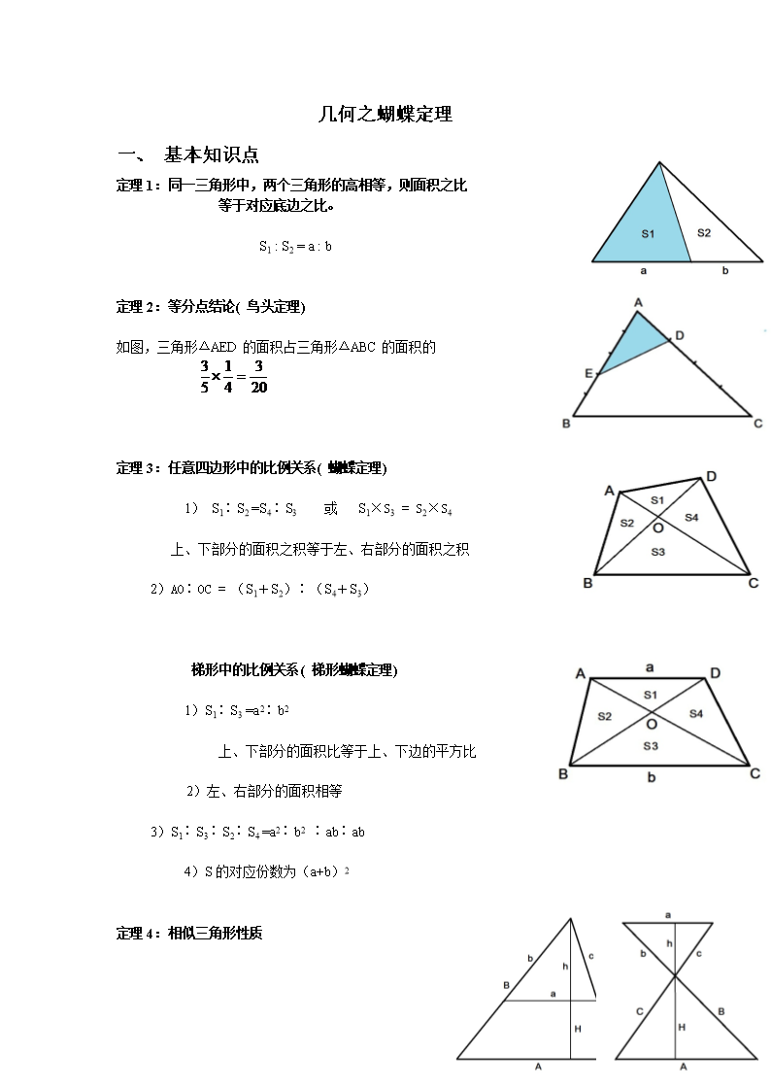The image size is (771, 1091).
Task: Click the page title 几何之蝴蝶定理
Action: (385, 115)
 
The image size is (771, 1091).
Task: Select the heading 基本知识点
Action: (211, 155)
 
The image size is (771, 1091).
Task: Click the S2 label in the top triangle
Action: (704, 232)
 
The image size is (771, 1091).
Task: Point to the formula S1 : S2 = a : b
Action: (296, 247)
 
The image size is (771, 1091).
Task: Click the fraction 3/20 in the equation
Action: (258, 377)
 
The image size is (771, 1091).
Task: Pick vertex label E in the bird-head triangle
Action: (588, 373)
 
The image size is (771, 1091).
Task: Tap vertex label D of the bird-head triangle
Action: (679, 336)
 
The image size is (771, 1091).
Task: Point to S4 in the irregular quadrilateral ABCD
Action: (691, 518)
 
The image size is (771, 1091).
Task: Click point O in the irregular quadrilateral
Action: (657, 528)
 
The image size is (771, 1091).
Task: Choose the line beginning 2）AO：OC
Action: (260, 590)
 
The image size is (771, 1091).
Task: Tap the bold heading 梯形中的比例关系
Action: (293, 670)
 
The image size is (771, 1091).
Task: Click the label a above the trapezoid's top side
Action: (650, 667)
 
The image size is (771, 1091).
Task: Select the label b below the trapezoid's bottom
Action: (652, 778)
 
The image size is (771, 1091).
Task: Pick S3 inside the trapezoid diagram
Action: (651, 746)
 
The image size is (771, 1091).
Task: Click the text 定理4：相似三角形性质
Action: (189, 934)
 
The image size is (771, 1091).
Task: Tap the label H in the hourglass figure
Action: (682, 1027)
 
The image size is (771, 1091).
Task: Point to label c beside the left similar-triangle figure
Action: (590, 956)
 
